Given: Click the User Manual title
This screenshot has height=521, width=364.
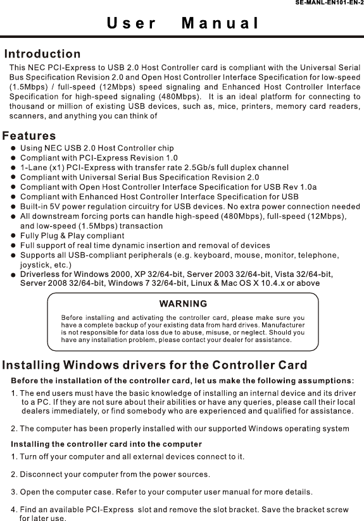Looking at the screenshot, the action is tap(182, 25).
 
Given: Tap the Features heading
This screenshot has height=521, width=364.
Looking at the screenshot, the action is tap(29, 136).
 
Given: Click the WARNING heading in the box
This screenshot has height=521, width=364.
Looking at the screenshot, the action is tap(184, 303).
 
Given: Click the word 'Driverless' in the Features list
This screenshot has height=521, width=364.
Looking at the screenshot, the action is tap(41, 274).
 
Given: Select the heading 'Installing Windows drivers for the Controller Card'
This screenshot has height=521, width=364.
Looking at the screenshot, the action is tap(156, 365).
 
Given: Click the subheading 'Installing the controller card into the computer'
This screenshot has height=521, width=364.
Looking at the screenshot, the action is tap(107, 443).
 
